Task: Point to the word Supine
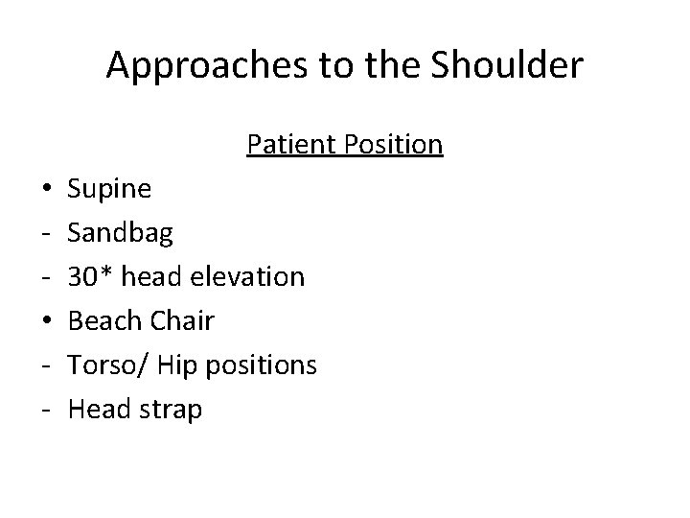pyautogui.click(x=109, y=190)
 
